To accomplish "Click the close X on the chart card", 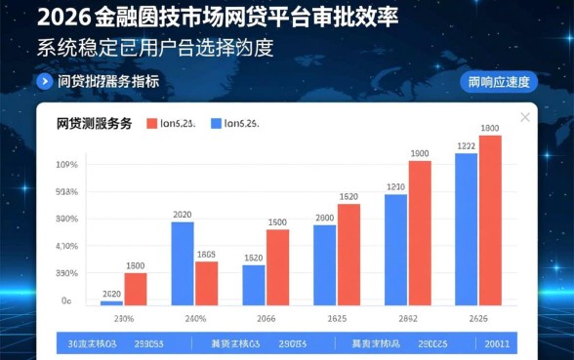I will (x=524, y=118).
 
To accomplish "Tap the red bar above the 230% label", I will (x=136, y=290).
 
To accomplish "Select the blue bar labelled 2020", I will (x=183, y=263).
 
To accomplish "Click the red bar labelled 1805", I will (x=206, y=283).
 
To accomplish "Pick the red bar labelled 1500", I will (x=277, y=267).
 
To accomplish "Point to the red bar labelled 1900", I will (x=420, y=233).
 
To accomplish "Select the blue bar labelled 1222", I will (x=467, y=229).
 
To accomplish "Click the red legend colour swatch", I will (x=152, y=124).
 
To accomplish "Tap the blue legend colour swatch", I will (x=216, y=124).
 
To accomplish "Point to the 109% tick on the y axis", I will (x=66, y=165).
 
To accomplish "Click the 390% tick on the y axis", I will (x=66, y=274).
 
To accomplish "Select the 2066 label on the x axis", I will (x=266, y=319).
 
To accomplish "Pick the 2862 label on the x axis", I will (x=408, y=319).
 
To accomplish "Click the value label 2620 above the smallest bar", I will (x=111, y=294).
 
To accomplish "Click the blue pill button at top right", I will (x=498, y=82).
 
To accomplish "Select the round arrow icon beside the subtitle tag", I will (x=43, y=82).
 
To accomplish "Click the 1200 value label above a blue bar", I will (x=395, y=186).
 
